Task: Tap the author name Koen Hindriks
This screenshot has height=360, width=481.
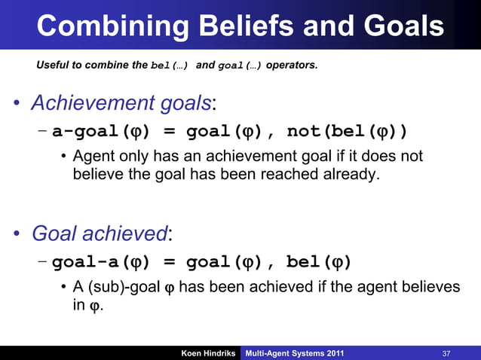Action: pos(209,353)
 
